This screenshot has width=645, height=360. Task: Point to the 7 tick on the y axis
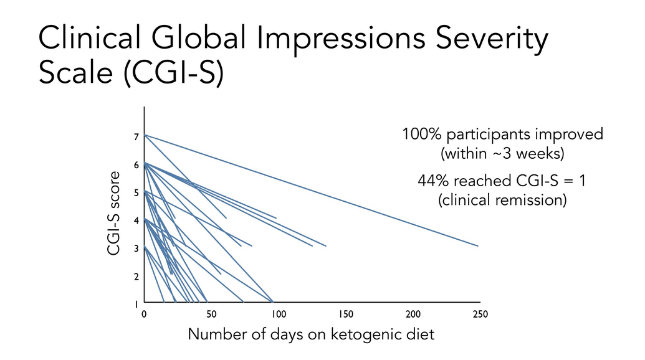coord(137,137)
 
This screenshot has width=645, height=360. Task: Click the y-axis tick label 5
coord(137,193)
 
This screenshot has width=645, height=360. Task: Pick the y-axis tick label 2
coord(137,277)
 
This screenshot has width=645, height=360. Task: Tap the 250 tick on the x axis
coord(479,314)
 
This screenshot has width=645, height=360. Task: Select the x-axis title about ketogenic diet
coord(311,334)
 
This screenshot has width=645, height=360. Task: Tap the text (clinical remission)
coord(502,201)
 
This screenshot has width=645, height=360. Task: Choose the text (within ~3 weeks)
coord(502,153)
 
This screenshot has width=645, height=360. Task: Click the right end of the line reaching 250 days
coord(478,246)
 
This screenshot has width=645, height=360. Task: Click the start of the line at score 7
coord(145,135)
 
